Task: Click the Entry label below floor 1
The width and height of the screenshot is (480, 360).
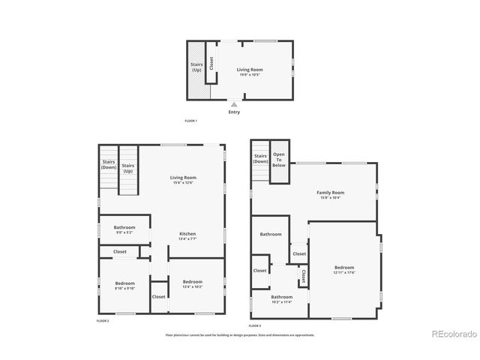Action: pos(234,112)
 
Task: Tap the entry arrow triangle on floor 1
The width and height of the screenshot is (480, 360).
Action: pos(234,104)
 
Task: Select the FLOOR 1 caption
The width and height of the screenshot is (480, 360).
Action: pos(191,121)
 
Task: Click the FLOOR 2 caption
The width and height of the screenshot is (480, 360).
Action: pos(103,320)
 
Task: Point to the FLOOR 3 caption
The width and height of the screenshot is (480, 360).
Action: pos(255,325)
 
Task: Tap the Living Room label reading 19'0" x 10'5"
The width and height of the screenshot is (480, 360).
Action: pos(250,72)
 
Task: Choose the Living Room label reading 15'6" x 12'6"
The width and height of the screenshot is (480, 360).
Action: pos(183,180)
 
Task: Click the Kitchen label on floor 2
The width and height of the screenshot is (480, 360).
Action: pos(187,236)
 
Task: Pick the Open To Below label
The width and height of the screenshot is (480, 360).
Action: pos(279,159)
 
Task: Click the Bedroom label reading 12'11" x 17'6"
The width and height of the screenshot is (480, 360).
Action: pos(344,270)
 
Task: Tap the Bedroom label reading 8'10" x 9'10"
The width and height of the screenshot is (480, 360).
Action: pos(124,285)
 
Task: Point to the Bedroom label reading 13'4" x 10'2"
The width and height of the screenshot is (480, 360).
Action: pos(193,284)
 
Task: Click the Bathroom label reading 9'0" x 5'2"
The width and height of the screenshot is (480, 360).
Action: pos(124,229)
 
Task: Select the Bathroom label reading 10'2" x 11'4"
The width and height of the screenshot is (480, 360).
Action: pos(282,298)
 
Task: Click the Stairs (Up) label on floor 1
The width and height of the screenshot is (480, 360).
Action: pos(196,67)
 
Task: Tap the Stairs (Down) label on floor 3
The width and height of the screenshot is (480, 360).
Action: pos(260,158)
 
